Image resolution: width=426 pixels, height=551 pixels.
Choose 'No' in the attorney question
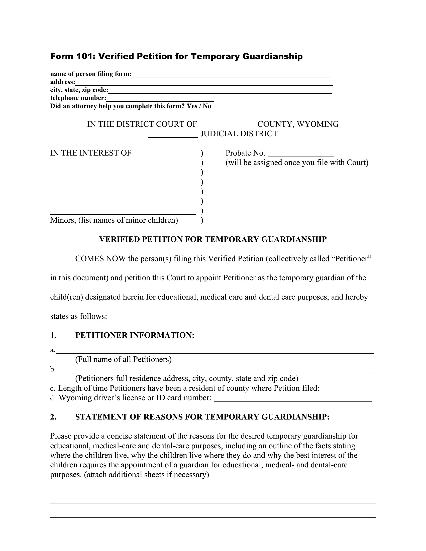pos(207,106)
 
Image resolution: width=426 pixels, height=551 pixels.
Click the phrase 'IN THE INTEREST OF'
pos(91,153)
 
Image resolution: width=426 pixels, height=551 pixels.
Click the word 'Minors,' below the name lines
pos(63,220)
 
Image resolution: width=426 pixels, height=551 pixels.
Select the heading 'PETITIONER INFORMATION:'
pos(135,335)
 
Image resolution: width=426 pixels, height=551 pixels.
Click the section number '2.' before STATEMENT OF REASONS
pos(53,417)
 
